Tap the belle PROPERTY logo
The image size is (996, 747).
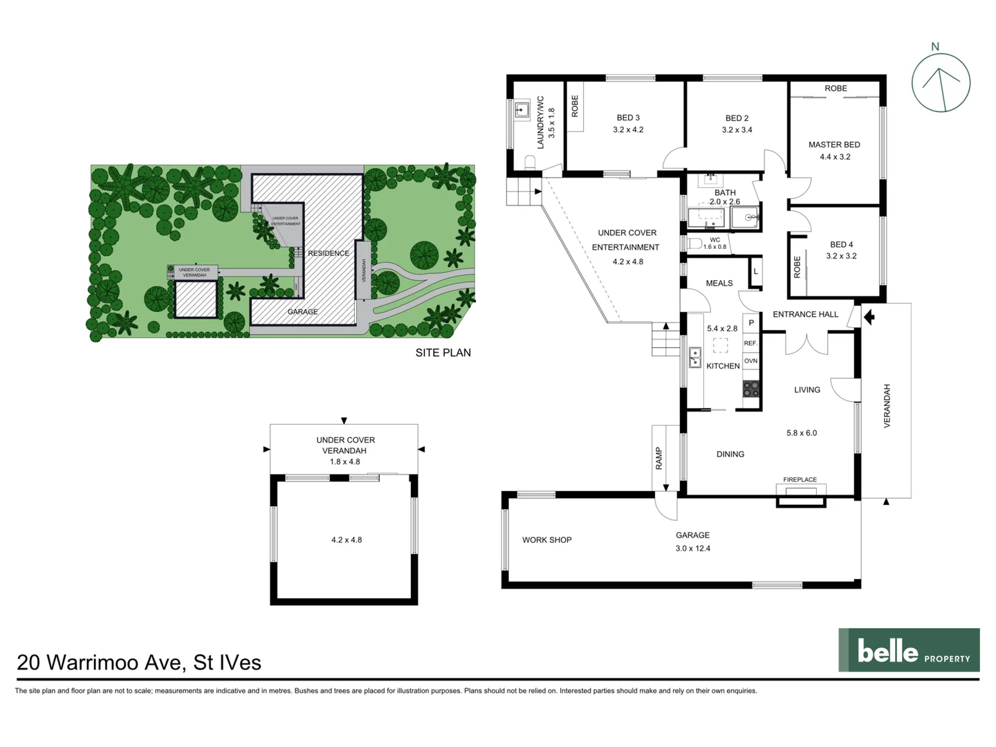click(909, 650)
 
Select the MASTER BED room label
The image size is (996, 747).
click(834, 145)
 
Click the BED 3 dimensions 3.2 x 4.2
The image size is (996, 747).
click(628, 130)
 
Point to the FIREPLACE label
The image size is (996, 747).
click(800, 479)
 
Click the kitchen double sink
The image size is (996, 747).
click(695, 358)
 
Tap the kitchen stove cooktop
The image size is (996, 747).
click(751, 389)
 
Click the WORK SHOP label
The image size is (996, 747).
click(546, 540)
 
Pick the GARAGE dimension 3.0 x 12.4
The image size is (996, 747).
click(693, 548)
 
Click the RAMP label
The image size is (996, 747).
click(659, 458)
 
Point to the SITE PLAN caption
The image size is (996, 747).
click(443, 353)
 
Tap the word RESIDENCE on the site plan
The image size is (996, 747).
click(328, 253)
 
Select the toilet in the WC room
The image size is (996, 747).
click(694, 243)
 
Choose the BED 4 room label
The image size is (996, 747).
click(841, 244)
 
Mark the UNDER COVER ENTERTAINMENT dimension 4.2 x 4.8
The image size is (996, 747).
click(627, 262)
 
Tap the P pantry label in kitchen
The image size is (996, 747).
click(751, 323)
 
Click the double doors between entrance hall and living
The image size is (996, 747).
click(807, 343)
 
